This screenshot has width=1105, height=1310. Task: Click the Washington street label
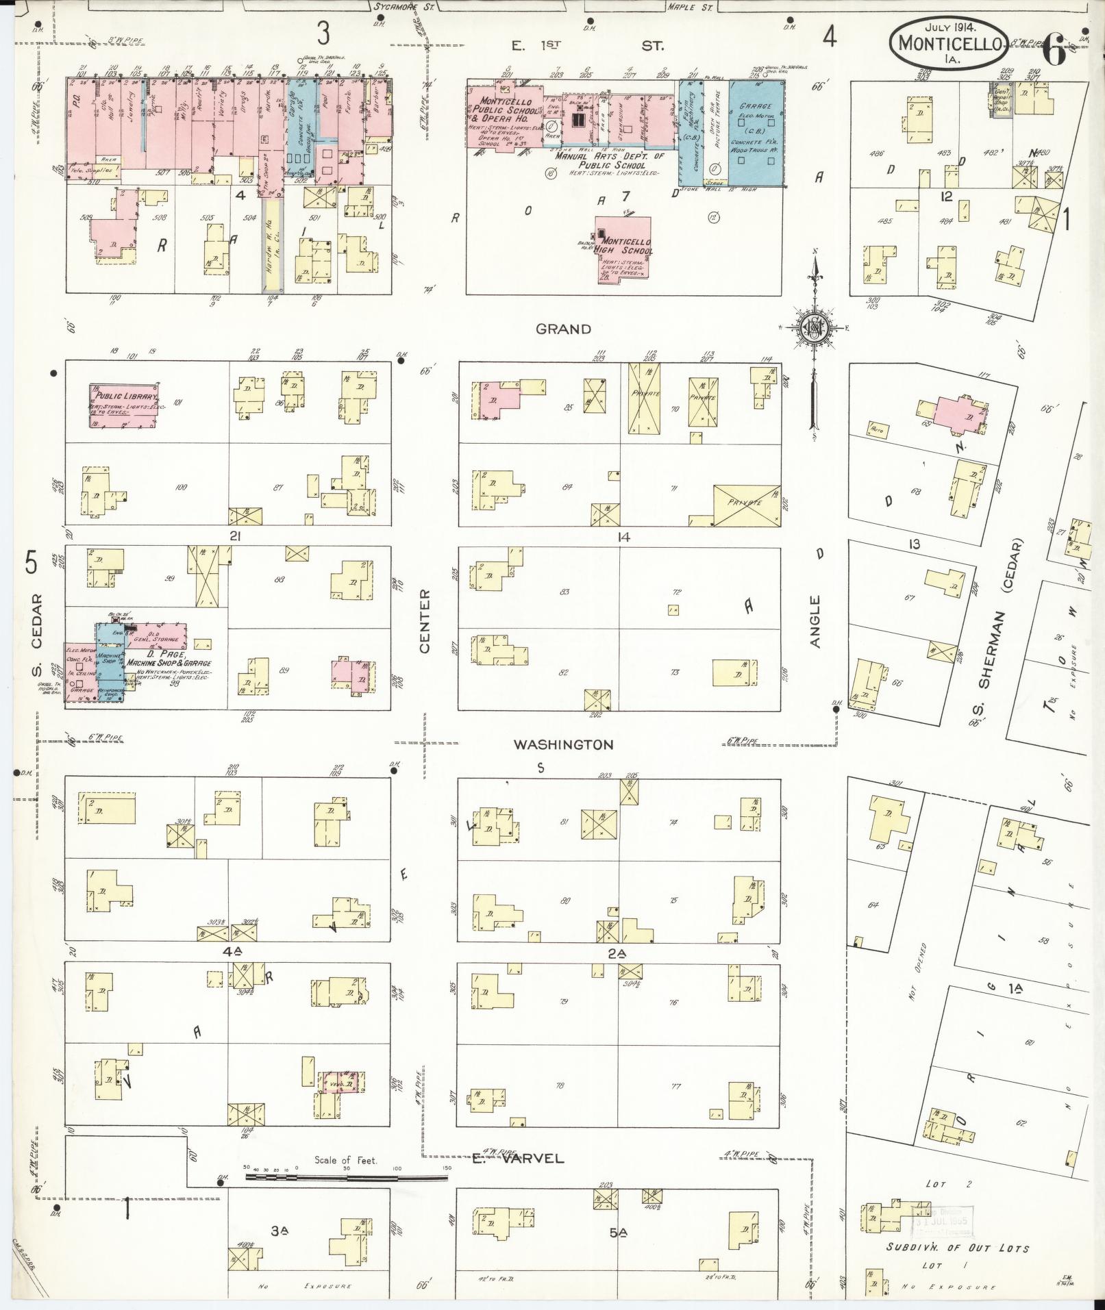pos(564,744)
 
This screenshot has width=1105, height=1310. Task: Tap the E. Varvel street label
pos(518,1159)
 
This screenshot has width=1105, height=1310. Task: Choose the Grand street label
pos(563,329)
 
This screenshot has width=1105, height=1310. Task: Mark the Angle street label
pos(815,621)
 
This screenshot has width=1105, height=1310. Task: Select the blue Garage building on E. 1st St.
pos(756,134)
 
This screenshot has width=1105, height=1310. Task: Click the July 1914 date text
pos(950,27)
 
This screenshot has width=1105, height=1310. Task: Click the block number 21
pos(235,536)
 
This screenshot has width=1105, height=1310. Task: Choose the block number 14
pos(623,537)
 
